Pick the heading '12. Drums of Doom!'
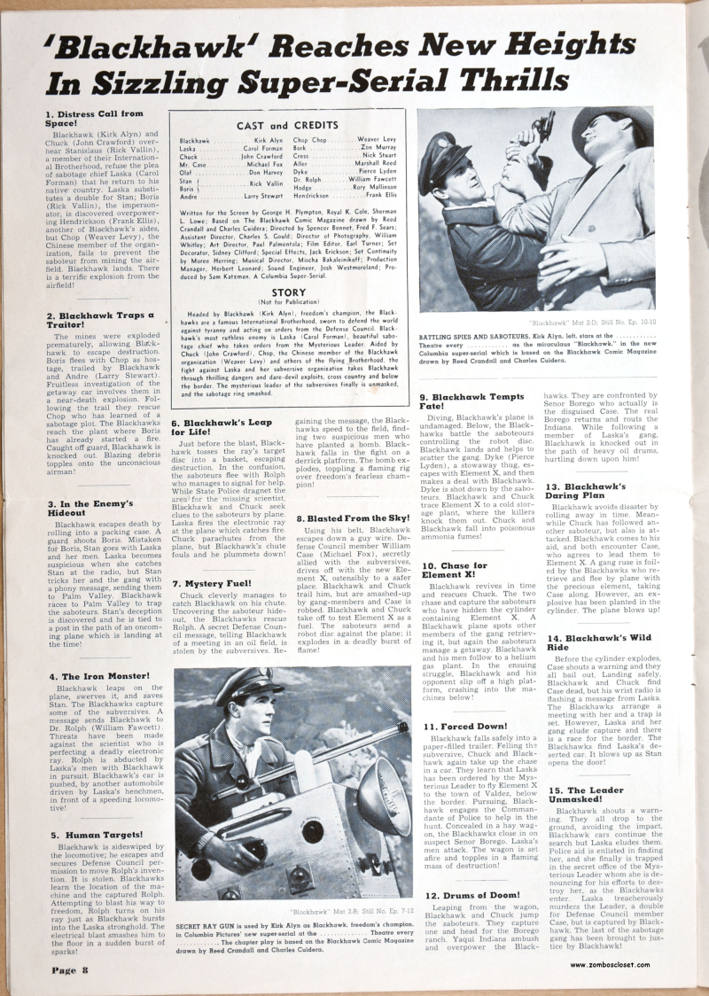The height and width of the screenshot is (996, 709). [x=471, y=896]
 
